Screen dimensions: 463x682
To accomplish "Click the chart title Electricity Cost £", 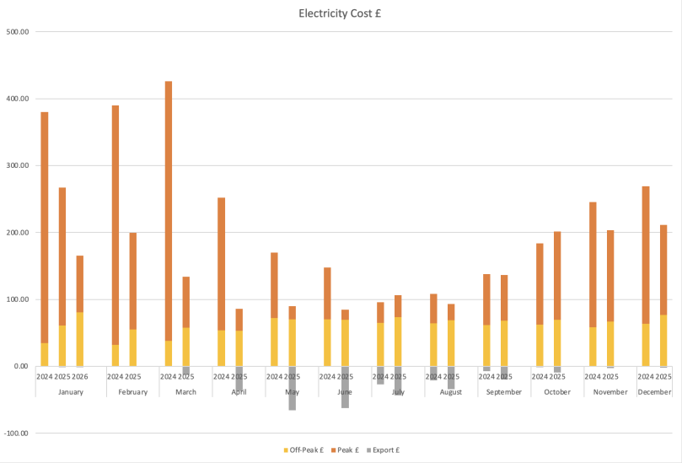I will [341, 13].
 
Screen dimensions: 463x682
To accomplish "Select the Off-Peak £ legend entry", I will [303, 450].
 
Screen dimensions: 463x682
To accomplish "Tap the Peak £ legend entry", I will [346, 450].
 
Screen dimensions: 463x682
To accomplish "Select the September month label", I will [504, 392].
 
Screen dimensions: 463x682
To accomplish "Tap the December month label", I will [654, 392].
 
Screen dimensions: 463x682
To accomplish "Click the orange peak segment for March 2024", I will [169, 211].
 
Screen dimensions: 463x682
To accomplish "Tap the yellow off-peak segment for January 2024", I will [45, 354].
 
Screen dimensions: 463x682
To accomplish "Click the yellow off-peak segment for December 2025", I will [663, 341].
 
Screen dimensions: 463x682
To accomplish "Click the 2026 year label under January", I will [80, 376].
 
